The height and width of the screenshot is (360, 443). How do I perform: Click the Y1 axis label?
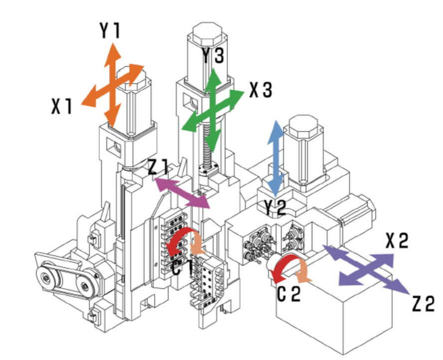click(110, 30)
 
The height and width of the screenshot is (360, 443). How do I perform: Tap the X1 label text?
click(62, 106)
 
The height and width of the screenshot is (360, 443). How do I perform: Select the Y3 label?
click(213, 55)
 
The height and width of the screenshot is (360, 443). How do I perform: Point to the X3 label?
click(261, 90)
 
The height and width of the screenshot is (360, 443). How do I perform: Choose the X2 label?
click(397, 241)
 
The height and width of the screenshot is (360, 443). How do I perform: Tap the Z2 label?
click(424, 304)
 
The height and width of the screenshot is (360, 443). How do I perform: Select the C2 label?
click(289, 293)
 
